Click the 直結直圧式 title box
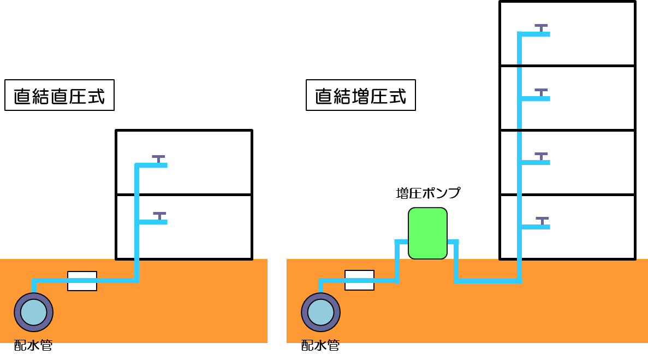(60, 96)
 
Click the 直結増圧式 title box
(361, 96)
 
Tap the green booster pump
(427, 233)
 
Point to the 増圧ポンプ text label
(428, 193)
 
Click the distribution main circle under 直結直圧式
(34, 312)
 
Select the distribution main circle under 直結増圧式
(321, 312)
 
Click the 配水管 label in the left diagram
(33, 345)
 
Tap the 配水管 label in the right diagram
(320, 345)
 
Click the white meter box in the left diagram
(82, 281)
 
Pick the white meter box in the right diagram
(359, 280)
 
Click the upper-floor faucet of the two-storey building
(158, 159)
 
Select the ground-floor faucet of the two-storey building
(159, 216)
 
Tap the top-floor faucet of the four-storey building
(541, 28)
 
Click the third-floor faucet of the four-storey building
(541, 92)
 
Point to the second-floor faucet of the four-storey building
(541, 156)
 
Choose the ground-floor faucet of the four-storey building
(542, 221)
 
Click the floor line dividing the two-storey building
(184, 194)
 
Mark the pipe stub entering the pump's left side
(401, 241)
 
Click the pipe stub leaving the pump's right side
(453, 241)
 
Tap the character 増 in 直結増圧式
(360, 96)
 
